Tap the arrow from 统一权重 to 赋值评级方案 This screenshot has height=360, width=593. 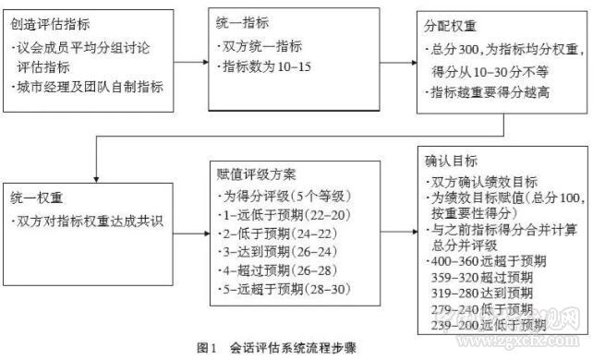click(x=193, y=228)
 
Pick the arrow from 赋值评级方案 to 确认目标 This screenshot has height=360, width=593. click(x=399, y=228)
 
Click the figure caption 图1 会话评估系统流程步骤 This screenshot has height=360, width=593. click(x=288, y=347)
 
